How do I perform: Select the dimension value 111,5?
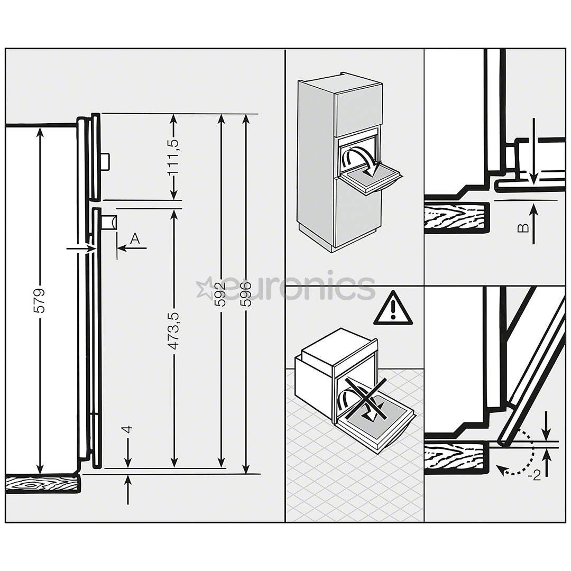[174, 156]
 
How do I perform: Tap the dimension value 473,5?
[174, 330]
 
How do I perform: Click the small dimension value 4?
[127, 430]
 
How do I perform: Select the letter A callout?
[135, 239]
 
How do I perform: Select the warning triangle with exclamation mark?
[393, 308]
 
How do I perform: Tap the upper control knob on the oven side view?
[105, 161]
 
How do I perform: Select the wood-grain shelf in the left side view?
[42, 484]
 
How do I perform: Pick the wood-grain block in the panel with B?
[457, 216]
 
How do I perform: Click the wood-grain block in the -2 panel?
[457, 457]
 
